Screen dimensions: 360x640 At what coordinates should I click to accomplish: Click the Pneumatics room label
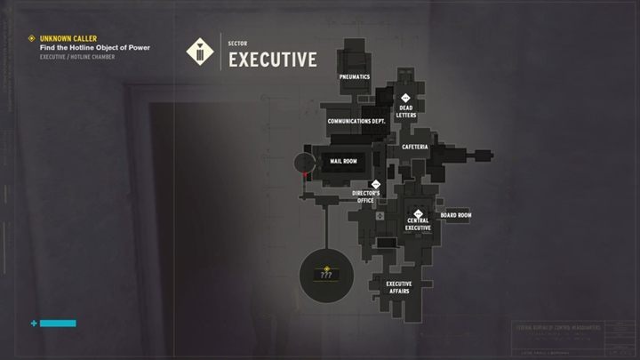pyautogui.click(x=354, y=77)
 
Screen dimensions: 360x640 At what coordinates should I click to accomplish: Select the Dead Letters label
pyautogui.click(x=406, y=112)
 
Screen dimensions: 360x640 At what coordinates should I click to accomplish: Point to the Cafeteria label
pyautogui.click(x=415, y=147)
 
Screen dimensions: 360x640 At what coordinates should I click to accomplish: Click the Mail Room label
pyautogui.click(x=343, y=162)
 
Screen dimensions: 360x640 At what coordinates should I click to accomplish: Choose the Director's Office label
pyautogui.click(x=366, y=196)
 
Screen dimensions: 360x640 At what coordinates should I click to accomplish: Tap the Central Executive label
pyautogui.click(x=418, y=224)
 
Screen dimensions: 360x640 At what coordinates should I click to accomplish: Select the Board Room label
pyautogui.click(x=455, y=215)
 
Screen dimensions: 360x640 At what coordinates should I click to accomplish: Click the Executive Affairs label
pyautogui.click(x=398, y=287)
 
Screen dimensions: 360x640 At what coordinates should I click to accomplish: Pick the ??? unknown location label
pyautogui.click(x=326, y=276)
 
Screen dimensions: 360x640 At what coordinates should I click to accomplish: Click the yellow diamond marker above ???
pyautogui.click(x=326, y=267)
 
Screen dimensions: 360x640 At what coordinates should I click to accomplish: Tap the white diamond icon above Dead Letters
pyautogui.click(x=405, y=98)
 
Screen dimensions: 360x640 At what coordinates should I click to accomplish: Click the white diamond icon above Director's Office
pyautogui.click(x=375, y=185)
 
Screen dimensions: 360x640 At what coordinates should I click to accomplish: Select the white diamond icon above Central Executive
pyautogui.click(x=418, y=212)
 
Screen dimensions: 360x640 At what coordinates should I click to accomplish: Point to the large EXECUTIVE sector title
pyautogui.click(x=273, y=60)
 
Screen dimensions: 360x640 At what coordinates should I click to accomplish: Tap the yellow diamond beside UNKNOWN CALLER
pyautogui.click(x=32, y=39)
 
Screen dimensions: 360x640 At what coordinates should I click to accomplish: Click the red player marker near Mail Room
pyautogui.click(x=305, y=176)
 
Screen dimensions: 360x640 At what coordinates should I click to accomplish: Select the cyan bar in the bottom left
pyautogui.click(x=58, y=324)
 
